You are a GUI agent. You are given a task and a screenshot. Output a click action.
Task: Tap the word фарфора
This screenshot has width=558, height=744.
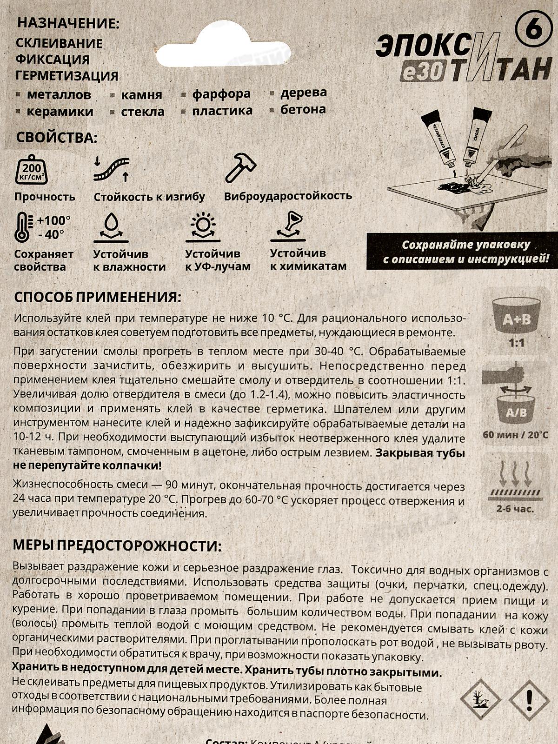221,94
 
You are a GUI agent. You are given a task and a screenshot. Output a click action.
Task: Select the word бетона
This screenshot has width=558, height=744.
303,110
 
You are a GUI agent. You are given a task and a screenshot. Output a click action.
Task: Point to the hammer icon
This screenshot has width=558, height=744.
240,167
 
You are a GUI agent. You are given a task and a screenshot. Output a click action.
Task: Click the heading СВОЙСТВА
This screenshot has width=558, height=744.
57,138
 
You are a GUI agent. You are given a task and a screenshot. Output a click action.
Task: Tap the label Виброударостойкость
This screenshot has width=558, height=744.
288,196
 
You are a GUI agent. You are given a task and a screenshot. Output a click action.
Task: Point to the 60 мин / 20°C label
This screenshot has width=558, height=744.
515,435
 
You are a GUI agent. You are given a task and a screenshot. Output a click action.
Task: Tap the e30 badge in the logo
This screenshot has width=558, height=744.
423,73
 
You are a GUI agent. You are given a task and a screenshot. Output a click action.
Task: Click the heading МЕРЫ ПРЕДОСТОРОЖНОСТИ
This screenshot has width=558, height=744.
114,545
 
